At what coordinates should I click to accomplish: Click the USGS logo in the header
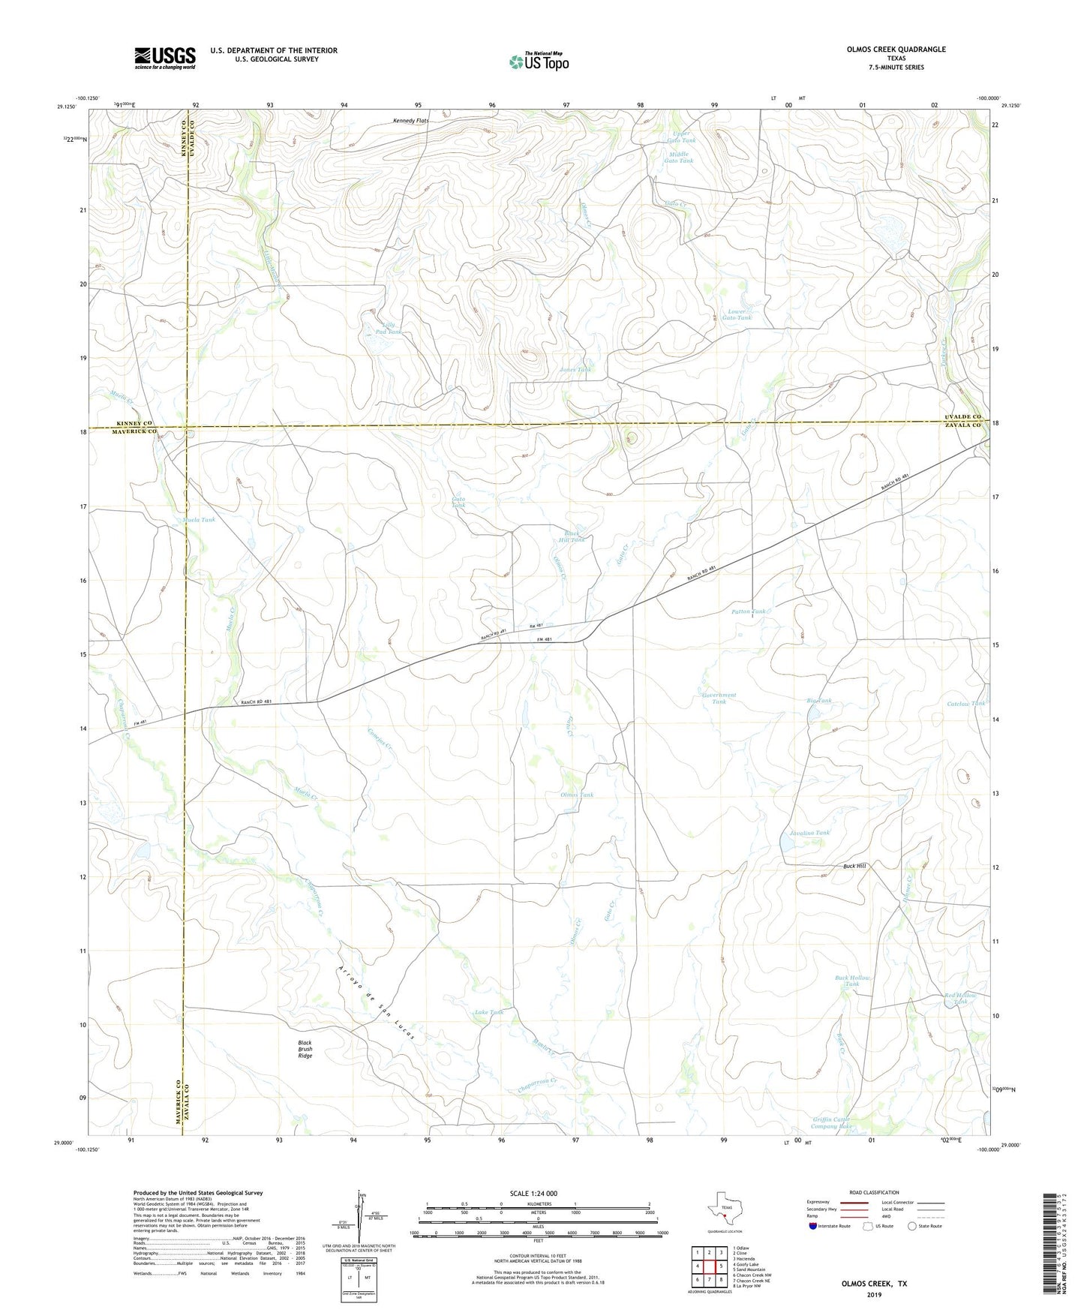click(x=165, y=57)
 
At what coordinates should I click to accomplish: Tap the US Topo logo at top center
click(x=538, y=61)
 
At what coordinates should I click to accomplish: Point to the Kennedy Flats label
click(x=411, y=120)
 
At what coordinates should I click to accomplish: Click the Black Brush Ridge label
click(x=305, y=1049)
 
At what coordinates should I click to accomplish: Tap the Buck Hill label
click(x=854, y=866)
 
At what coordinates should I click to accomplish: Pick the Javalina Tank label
click(x=809, y=833)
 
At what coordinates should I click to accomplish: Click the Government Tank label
click(x=719, y=698)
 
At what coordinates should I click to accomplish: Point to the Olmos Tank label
click(x=577, y=795)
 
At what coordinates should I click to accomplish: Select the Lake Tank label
click(x=488, y=1012)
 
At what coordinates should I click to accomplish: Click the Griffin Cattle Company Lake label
click(x=833, y=1123)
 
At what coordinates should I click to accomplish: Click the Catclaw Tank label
click(x=965, y=704)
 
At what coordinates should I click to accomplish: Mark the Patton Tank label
click(x=749, y=611)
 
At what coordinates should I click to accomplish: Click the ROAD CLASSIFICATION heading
click(x=874, y=1192)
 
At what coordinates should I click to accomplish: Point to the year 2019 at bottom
click(x=874, y=1294)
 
